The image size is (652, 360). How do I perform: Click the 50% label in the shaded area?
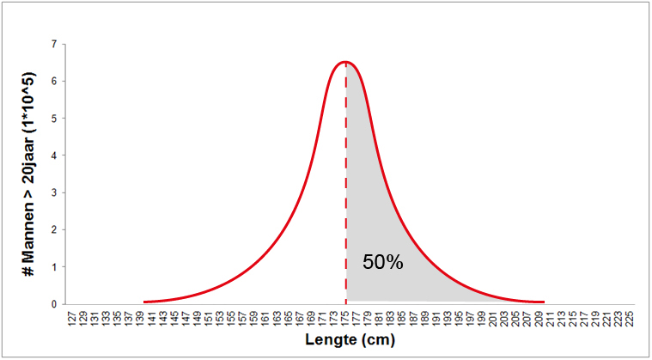point(382,263)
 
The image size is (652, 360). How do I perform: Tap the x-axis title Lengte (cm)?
point(349,340)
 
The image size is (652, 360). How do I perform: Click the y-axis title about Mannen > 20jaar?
point(28,173)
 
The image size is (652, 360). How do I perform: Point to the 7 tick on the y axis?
point(54,44)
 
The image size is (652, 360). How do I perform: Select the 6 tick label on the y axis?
point(54,81)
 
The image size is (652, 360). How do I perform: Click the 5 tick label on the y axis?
point(54,119)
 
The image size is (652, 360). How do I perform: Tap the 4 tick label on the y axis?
point(54,156)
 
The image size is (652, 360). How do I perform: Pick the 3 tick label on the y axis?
point(54,192)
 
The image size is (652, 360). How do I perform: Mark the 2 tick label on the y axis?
point(54,230)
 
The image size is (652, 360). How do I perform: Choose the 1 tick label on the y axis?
point(54,267)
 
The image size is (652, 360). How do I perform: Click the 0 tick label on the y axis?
point(54,304)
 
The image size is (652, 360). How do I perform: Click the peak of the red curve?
point(345,62)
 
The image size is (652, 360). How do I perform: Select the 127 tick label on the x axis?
point(71,318)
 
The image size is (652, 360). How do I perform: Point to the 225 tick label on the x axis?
point(631,318)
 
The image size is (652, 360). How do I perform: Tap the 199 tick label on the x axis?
point(482,318)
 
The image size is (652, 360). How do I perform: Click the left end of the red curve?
point(144,302)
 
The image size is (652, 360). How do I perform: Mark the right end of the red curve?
point(544,302)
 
